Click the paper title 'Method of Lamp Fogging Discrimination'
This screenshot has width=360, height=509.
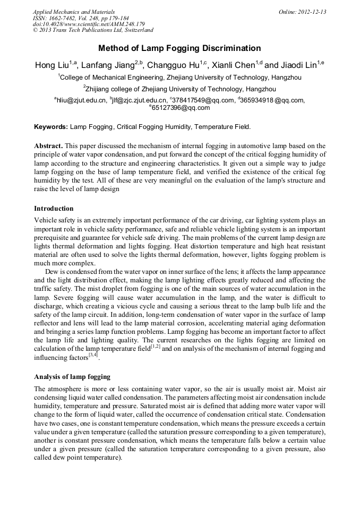179,48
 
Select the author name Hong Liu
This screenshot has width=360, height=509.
52,65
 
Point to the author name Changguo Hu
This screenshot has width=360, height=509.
169,65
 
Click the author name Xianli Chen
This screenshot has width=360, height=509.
229,65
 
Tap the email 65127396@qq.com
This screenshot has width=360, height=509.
181,108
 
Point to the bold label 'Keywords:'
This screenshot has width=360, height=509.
51,127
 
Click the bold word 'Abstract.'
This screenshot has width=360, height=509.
49,145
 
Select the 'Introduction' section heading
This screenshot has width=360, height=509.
54,208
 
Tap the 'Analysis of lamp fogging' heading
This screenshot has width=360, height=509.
72,377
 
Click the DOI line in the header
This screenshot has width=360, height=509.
89,24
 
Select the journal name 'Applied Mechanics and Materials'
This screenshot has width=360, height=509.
73,11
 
